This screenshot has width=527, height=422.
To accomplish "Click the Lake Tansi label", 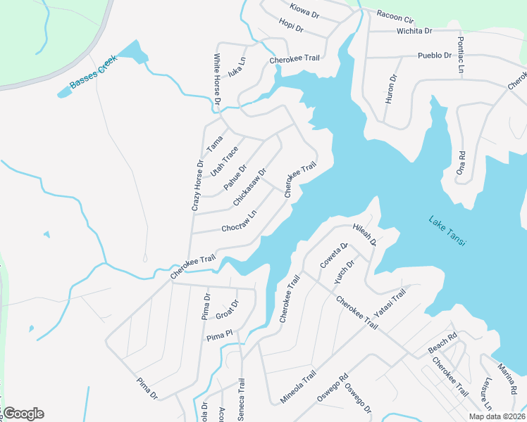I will coord(448,231).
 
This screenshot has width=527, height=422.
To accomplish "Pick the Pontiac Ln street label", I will coord(461,56).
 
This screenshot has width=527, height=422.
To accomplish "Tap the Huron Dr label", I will coord(391,89).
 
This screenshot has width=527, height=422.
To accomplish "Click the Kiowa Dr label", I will coord(305,9).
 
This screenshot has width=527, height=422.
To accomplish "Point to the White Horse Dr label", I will coord(218,81).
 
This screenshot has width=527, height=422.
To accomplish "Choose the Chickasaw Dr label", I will coord(250,186).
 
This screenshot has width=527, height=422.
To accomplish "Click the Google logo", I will coord(23,413).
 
